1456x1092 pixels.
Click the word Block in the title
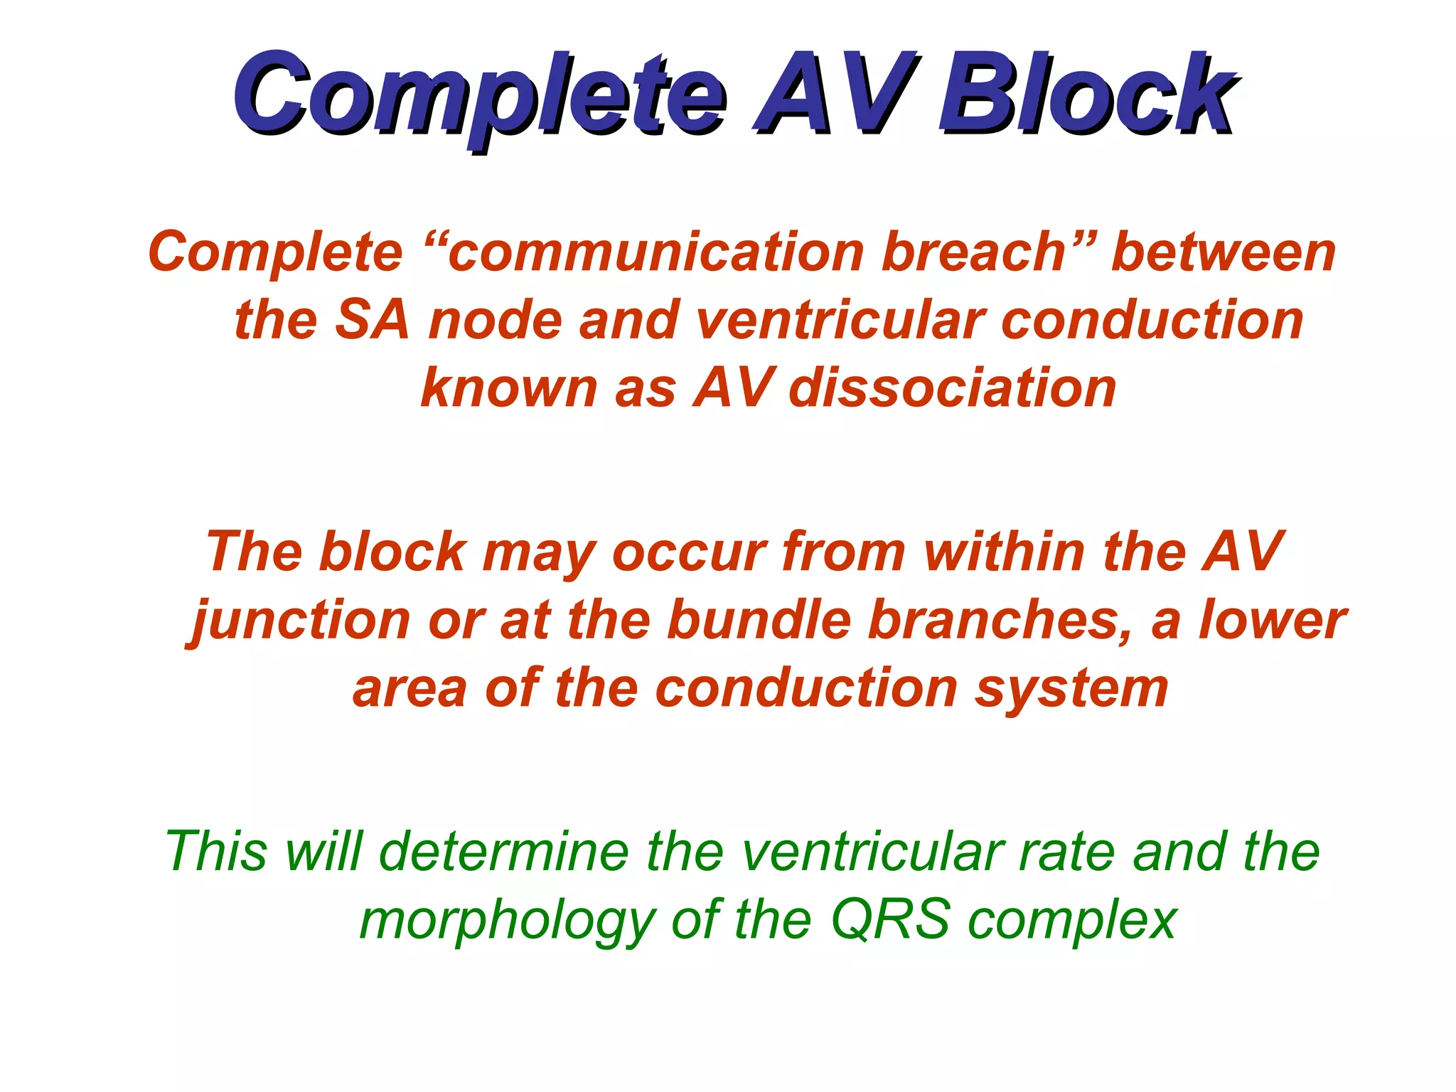1087,97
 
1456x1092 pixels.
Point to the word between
1223,252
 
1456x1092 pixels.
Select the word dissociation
953,388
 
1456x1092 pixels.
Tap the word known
509,388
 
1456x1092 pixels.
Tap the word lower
1272,620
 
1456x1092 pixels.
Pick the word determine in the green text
504,851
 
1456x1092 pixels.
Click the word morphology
507,921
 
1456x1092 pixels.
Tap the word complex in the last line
1073,921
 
